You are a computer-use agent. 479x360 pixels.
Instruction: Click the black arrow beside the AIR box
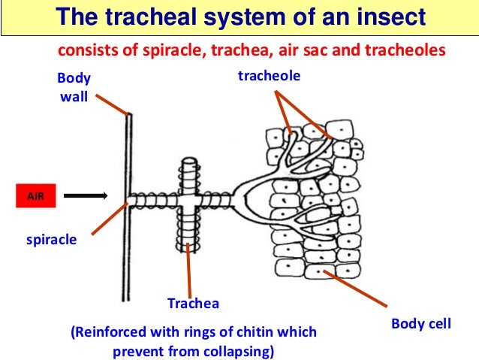tap(86, 197)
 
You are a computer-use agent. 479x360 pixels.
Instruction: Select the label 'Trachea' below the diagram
tap(193, 304)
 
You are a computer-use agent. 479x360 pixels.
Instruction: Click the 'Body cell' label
tap(420, 324)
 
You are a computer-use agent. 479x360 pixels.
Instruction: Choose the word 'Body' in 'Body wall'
tap(74, 78)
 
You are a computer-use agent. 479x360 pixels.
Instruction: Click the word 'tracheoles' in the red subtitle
tap(409, 50)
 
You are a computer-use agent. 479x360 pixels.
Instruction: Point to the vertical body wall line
tap(128, 248)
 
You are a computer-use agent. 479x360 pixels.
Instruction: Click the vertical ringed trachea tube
tap(188, 225)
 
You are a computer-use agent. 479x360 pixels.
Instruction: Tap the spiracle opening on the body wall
tap(130, 201)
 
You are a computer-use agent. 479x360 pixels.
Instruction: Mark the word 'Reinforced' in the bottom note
tap(104, 331)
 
